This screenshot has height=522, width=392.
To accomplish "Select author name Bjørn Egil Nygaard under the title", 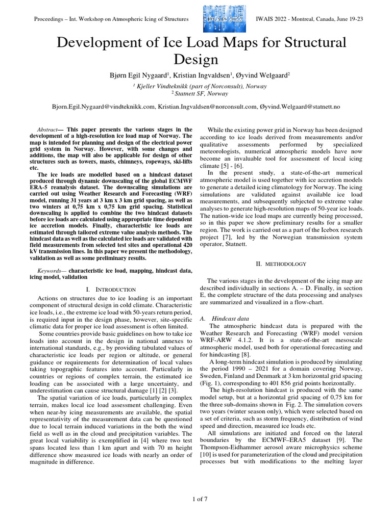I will pyautogui.click(x=133, y=75).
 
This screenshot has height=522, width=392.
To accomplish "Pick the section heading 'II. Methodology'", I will pyautogui.click(x=280, y=264).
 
